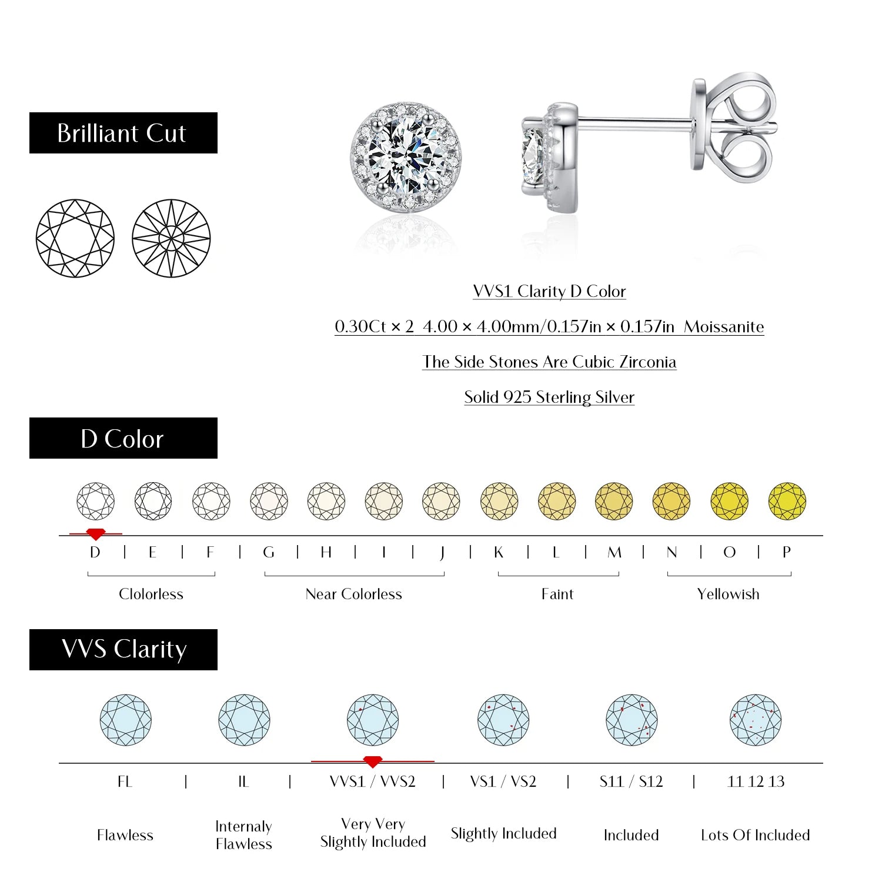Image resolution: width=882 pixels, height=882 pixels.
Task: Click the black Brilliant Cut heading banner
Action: pyautogui.click(x=123, y=133)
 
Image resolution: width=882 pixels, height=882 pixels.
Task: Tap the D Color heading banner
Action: pyautogui.click(x=123, y=438)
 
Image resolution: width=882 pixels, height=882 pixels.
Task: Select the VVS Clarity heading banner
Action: pyautogui.click(x=123, y=650)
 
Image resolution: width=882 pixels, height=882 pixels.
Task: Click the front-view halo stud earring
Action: pyautogui.click(x=406, y=157)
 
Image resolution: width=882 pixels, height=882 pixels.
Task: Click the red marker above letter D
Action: pyautogui.click(x=95, y=534)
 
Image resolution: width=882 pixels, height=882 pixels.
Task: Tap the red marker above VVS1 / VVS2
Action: pyautogui.click(x=373, y=761)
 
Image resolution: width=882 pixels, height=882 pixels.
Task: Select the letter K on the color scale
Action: pyautogui.click(x=499, y=553)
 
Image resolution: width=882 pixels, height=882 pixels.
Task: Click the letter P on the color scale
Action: pyautogui.click(x=787, y=553)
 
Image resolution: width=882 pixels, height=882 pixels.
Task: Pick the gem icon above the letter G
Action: pyautogui.click(x=269, y=501)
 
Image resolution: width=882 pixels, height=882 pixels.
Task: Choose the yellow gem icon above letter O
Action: pyautogui.click(x=729, y=501)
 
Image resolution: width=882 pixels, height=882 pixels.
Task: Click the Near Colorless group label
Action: pyautogui.click(x=354, y=594)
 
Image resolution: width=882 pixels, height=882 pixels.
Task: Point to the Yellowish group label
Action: pyautogui.click(x=728, y=594)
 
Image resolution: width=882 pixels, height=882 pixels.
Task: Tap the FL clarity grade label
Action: pyautogui.click(x=125, y=782)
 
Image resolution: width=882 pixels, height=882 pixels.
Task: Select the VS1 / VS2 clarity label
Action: pyautogui.click(x=503, y=782)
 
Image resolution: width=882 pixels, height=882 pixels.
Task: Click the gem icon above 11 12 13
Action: pyautogui.click(x=756, y=720)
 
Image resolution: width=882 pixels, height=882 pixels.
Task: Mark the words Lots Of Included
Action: pyautogui.click(x=756, y=835)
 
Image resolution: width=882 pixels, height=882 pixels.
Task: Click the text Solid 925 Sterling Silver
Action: pyautogui.click(x=549, y=397)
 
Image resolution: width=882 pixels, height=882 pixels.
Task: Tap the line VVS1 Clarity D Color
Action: pyautogui.click(x=549, y=292)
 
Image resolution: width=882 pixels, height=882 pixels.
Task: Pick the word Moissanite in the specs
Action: pyautogui.click(x=724, y=327)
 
